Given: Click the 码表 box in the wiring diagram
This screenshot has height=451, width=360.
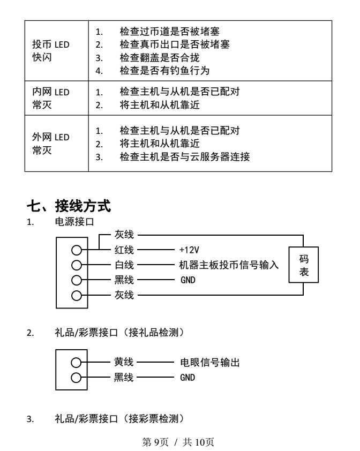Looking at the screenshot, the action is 304,265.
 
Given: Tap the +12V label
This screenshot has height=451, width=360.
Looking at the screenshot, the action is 189,250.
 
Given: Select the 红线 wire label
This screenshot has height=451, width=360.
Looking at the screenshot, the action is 124,250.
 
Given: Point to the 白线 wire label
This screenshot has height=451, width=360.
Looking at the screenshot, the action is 124,265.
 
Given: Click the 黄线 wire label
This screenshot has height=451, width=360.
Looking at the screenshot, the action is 124,362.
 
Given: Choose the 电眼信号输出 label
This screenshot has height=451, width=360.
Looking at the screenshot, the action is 210,362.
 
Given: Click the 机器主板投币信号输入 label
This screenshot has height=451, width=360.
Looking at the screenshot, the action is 229,265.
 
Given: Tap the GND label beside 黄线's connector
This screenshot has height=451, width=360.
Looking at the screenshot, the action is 187,378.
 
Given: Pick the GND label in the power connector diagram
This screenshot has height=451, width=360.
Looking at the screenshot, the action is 188,280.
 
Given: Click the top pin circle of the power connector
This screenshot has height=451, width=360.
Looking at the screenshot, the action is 77,250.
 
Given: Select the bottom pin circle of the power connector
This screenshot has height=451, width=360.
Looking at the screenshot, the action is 77,295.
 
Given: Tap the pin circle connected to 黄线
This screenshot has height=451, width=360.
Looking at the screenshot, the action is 76,363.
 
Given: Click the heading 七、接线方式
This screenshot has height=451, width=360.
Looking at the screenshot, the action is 69,206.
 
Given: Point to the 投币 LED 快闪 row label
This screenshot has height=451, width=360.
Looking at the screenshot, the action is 51,51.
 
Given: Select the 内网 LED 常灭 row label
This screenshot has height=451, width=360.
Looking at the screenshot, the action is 51,99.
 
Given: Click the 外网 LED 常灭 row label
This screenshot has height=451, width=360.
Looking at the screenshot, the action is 51,144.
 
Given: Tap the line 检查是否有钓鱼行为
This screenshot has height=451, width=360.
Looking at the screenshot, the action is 164,71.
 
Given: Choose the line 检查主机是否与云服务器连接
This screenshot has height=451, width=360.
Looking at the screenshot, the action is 185,157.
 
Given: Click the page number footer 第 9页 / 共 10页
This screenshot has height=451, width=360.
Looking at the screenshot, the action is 178,442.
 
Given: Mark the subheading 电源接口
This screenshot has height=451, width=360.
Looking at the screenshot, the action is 74,222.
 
